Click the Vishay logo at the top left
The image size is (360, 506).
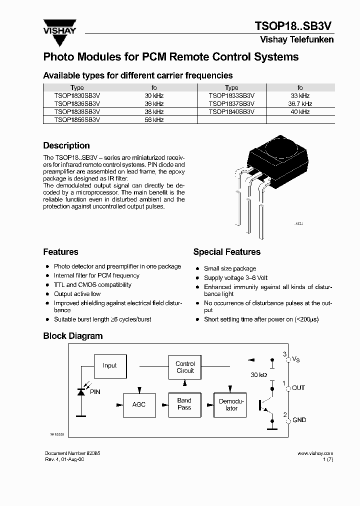[59, 26]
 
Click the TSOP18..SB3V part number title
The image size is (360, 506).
[293, 26]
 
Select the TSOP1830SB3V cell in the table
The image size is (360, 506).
[77, 95]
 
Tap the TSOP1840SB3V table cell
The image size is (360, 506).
[231, 111]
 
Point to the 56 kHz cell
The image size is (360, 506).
[154, 120]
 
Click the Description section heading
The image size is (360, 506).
[66, 145]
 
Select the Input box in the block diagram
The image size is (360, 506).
[110, 365]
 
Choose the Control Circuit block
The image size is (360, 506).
[185, 367]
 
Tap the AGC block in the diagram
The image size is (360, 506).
[139, 404]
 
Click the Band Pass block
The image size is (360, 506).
[184, 404]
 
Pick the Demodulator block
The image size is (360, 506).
[231, 404]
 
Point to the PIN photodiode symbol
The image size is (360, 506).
[81, 392]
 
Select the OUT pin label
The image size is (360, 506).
[298, 387]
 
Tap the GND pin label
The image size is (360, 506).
[299, 420]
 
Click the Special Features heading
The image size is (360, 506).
[226, 252]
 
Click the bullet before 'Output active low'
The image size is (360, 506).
[47, 294]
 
